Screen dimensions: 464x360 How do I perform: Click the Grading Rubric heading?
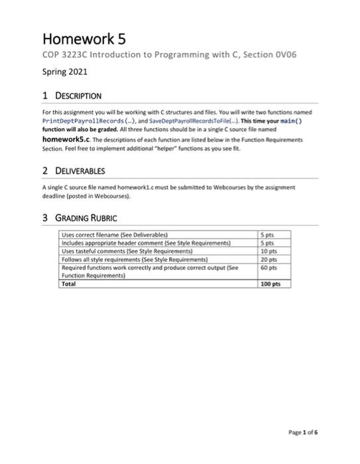click(86, 217)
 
